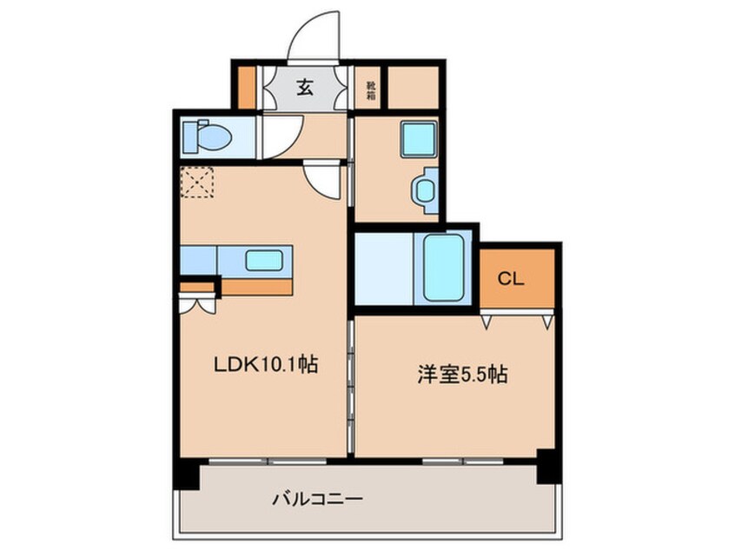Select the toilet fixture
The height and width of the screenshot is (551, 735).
[207, 137]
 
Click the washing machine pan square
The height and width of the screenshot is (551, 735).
[417, 139]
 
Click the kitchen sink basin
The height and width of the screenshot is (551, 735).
[263, 260]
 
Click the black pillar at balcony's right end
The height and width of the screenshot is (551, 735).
[546, 467]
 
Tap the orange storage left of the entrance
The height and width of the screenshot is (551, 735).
[247, 86]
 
